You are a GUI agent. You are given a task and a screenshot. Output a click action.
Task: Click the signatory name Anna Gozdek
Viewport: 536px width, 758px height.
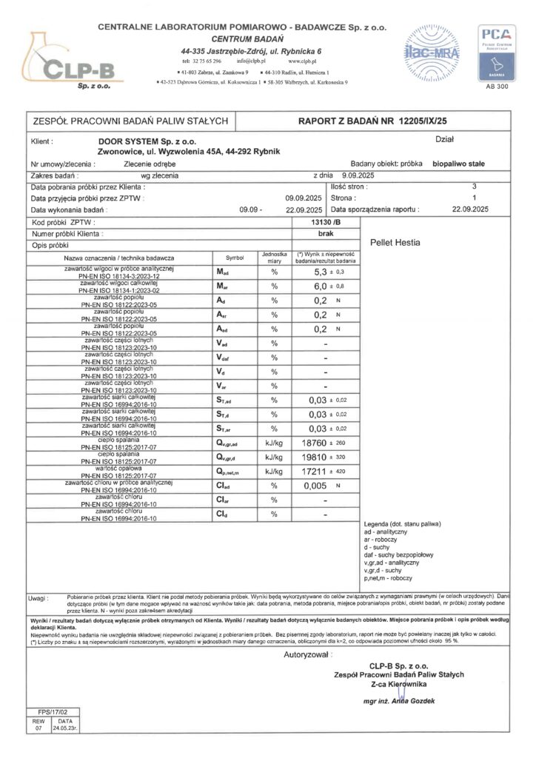coord(413,701)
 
